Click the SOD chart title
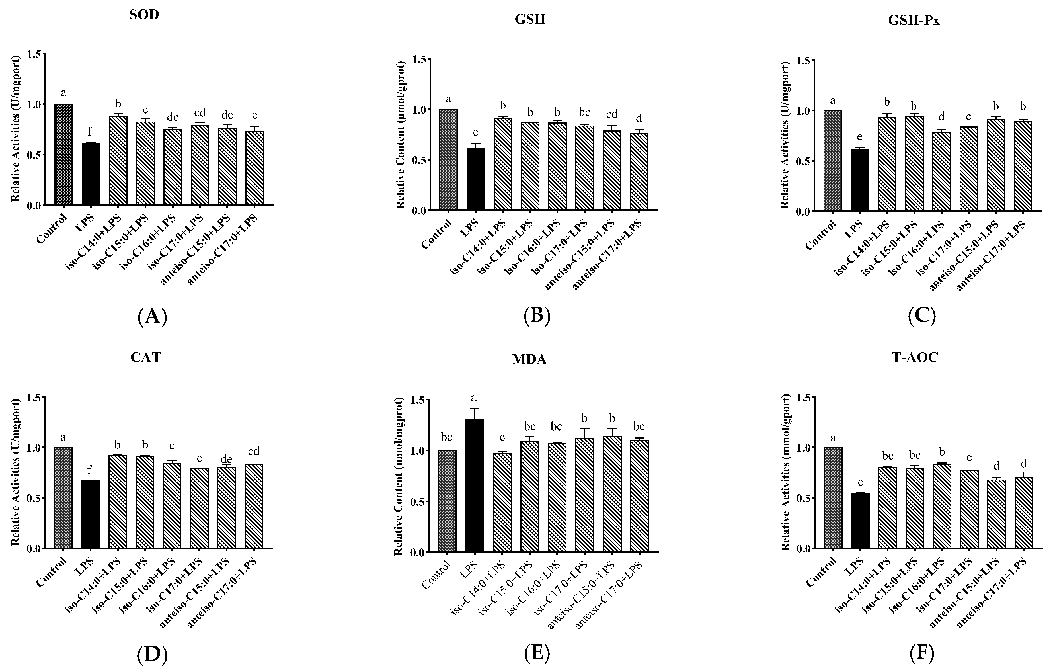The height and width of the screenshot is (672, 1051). pos(144,15)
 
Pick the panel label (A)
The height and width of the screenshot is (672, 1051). pos(152,317)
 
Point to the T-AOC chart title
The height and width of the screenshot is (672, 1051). pos(914,358)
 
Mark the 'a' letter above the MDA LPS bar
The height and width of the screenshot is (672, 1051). pos(474,398)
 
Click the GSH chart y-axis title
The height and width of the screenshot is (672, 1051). pos(401,135)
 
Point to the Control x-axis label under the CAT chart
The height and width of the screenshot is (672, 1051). pos(52,572)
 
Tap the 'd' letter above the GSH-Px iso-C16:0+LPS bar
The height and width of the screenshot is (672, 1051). pos(941,116)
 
